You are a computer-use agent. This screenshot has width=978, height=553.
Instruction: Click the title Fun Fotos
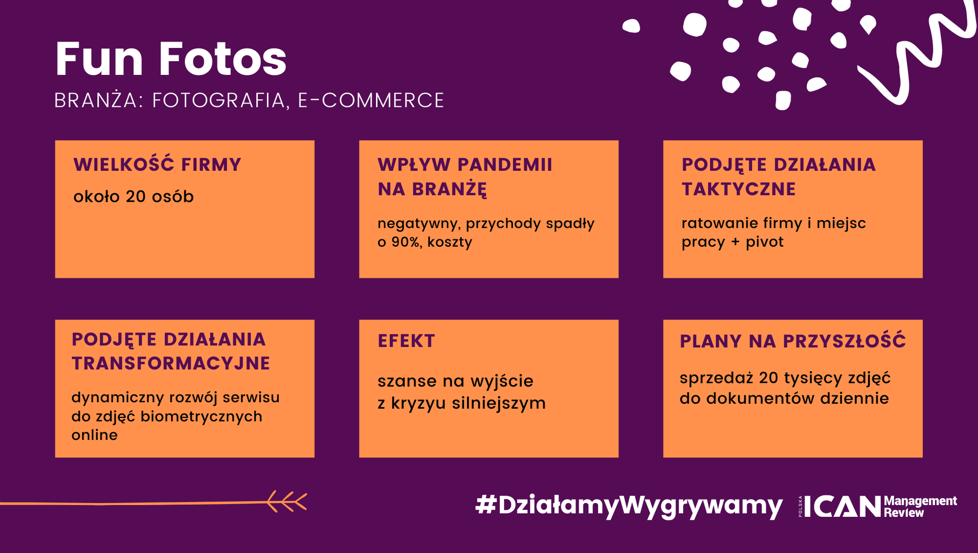pos(171,59)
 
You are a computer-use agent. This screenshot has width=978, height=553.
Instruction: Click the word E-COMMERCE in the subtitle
pos(371,100)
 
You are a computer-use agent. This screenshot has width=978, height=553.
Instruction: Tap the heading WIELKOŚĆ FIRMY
pos(157,164)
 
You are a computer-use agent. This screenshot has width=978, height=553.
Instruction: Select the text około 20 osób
pos(133,196)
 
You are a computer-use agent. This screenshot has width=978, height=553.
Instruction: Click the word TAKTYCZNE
pos(739,189)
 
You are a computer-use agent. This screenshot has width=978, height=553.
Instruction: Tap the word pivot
pos(765,242)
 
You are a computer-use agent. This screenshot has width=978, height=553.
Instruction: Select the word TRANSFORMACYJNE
pos(171,363)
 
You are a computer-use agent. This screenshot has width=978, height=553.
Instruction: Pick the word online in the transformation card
pos(95,435)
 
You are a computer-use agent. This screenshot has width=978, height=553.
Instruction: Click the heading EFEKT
pos(406,341)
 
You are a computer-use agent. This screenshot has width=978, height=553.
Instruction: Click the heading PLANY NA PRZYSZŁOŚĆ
pos(793,340)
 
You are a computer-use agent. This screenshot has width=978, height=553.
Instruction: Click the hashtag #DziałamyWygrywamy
pos(629,506)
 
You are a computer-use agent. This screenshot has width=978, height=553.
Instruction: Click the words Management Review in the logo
pos(920,507)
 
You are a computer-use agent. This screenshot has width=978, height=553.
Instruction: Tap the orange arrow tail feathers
pos(287,502)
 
